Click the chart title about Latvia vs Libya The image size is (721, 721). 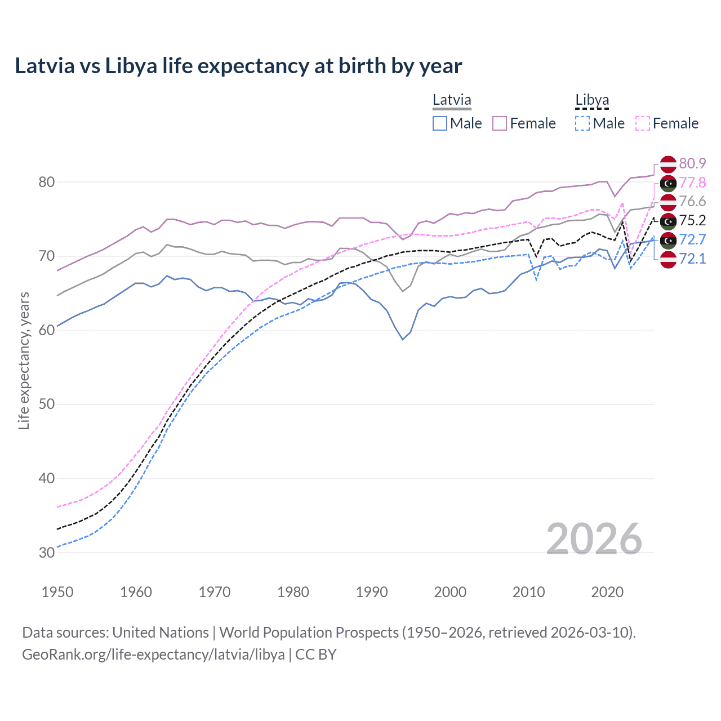(x=238, y=66)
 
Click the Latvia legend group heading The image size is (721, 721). (x=452, y=100)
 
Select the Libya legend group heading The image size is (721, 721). (x=592, y=100)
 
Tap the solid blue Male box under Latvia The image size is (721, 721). (x=440, y=123)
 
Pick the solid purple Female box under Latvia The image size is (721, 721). (x=500, y=123)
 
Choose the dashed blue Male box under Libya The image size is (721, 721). (x=582, y=123)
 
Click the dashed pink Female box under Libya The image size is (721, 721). (x=643, y=123)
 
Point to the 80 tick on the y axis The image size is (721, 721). (x=47, y=182)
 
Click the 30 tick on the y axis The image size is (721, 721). (x=47, y=553)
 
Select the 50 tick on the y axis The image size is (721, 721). (x=47, y=404)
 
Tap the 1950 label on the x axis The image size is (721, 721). (x=57, y=592)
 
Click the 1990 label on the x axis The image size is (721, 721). (x=372, y=592)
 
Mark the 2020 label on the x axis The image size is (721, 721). (x=607, y=592)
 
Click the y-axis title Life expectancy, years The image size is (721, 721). (x=24, y=360)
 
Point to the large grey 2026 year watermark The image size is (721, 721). (x=594, y=539)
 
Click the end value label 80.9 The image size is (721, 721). (x=692, y=163)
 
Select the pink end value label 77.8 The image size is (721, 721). (x=692, y=183)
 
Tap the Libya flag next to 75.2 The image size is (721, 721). (x=668, y=221)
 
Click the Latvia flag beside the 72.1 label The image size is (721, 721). (x=668, y=259)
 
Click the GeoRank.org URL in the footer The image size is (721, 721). (x=153, y=655)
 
